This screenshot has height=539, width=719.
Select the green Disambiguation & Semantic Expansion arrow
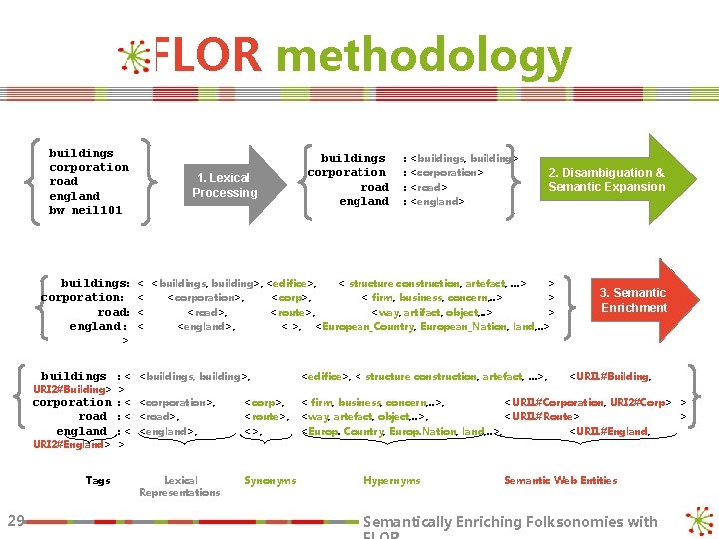(x=609, y=180)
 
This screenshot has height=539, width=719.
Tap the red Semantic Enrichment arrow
(x=635, y=300)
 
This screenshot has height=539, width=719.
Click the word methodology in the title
(x=423, y=57)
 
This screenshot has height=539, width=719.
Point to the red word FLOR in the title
(x=208, y=57)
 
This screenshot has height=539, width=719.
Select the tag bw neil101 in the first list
(x=85, y=210)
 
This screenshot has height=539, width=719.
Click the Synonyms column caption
(x=270, y=481)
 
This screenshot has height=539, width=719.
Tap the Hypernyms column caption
(x=392, y=481)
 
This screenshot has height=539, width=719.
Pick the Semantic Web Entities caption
(x=560, y=481)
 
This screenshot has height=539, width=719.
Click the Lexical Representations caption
(x=180, y=486)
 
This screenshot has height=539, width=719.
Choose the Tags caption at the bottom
(x=98, y=481)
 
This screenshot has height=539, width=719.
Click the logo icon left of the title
(x=134, y=58)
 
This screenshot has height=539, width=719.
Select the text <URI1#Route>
(x=544, y=416)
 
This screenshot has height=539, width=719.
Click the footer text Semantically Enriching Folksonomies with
(x=511, y=522)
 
